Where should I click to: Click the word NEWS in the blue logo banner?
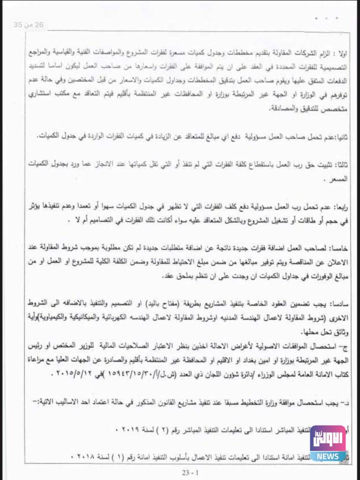pos(328,456)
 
